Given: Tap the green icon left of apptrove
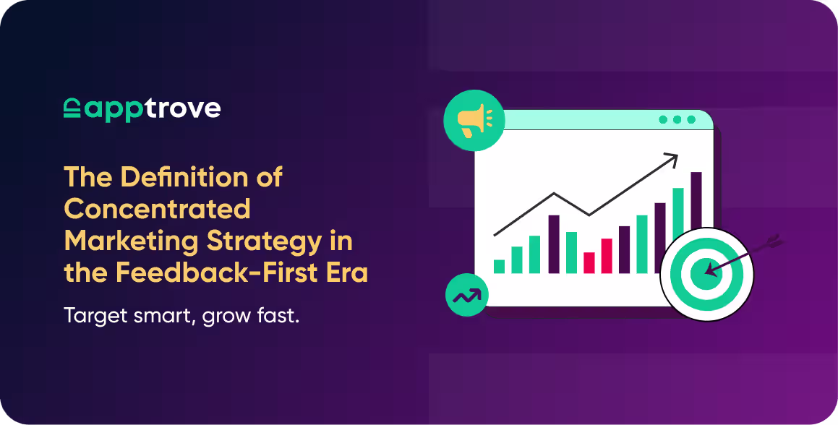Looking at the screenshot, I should pos(72,109).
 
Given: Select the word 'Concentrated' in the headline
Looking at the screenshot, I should pos(157,209).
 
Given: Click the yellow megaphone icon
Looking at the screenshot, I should pos(474,121).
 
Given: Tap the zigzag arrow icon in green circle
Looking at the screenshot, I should pos(466,295).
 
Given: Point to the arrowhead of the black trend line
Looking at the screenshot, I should pos(672,156).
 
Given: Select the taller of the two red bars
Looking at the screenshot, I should pos(607,256).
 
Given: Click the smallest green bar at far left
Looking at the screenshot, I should pos(499,267).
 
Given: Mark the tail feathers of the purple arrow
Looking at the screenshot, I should pos(772,242).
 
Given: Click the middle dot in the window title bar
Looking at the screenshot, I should pos(677,120).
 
